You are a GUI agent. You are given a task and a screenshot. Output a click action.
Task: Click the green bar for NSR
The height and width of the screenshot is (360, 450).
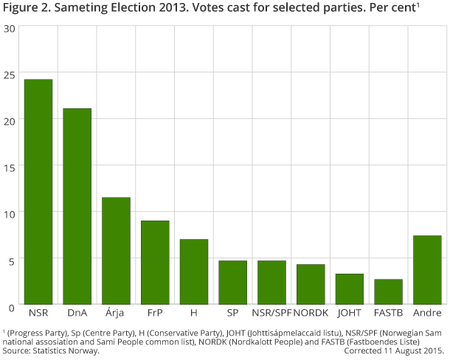pos(38,192)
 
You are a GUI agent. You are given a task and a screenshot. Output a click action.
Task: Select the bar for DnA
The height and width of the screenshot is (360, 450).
pos(77,207)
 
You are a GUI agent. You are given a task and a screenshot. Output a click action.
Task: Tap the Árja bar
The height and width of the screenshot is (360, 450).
pos(116,251)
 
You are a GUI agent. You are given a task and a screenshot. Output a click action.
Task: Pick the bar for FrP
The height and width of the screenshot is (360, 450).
pos(155,263)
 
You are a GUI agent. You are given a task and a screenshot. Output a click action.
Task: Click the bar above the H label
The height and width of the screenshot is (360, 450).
pos(194,271)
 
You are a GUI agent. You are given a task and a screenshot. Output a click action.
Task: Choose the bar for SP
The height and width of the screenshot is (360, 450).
pos(232,283)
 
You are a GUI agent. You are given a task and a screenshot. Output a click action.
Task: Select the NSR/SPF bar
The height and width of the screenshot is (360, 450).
pos(271,283)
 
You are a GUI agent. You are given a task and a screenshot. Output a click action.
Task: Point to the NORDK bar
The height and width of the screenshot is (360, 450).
pos(311,284)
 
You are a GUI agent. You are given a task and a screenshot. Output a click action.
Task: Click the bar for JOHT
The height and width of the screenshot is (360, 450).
pos(350,289)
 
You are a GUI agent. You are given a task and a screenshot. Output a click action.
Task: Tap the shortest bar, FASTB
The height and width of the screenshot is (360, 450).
pos(389,291)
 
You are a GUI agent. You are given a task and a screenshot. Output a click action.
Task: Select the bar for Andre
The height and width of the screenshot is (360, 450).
pos(427,270)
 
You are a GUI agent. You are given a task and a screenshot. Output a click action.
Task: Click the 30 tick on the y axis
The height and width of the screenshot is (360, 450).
pos(9,29)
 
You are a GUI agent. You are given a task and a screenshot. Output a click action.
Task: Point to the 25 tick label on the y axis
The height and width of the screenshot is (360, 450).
pos(9,75)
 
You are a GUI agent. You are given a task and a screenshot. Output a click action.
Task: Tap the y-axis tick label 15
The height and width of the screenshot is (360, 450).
pos(9,167)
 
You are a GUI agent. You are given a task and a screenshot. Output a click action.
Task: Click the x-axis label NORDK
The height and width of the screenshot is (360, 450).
pos(311,313)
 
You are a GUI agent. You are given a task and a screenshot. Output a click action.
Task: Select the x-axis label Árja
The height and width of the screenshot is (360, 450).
pos(116,313)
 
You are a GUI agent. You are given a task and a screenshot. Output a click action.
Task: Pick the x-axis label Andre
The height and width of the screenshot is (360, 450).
pos(427,313)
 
